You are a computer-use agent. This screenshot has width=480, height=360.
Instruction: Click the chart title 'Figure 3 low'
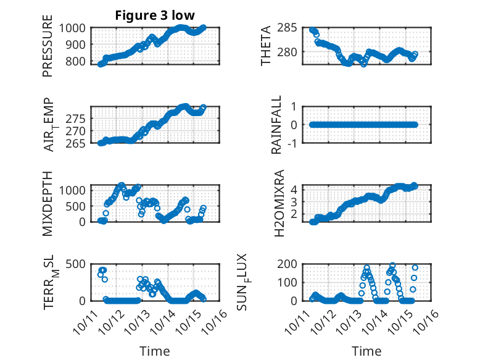click(x=155, y=15)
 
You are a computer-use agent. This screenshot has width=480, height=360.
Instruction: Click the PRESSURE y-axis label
click(x=48, y=51)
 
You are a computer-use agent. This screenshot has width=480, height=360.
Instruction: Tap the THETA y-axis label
click(x=266, y=46)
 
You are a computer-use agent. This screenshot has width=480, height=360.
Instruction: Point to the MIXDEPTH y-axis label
click(x=48, y=203)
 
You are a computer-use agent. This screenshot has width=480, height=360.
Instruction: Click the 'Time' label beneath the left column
click(x=155, y=351)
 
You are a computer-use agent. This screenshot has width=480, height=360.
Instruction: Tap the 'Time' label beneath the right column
click(x=366, y=351)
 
